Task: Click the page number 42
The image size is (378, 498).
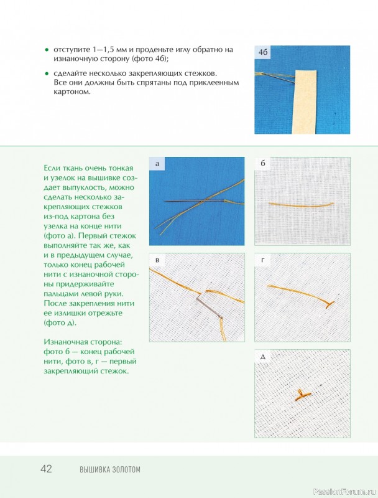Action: (x=46, y=469)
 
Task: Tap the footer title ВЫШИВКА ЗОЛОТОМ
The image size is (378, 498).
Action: (x=109, y=469)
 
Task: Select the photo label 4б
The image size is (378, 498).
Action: (x=263, y=52)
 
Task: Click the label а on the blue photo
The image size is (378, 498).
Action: (x=157, y=164)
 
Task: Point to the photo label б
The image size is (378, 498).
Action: (x=262, y=163)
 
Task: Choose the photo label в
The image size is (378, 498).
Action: (x=157, y=260)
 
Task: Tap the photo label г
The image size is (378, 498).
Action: (x=262, y=260)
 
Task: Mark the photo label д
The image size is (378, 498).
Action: (x=262, y=357)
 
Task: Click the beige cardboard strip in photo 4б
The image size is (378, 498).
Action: (x=306, y=101)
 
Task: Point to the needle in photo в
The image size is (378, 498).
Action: (x=209, y=308)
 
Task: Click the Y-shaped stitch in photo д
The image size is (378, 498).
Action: (x=303, y=395)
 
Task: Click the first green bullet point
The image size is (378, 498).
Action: (x=47, y=50)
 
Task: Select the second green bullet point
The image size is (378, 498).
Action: (x=47, y=73)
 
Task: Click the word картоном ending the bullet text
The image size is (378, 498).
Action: (x=72, y=92)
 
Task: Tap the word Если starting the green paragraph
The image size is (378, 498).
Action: (x=53, y=168)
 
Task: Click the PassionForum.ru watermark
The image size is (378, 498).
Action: (x=344, y=492)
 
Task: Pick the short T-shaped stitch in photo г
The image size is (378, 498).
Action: (x=329, y=304)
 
